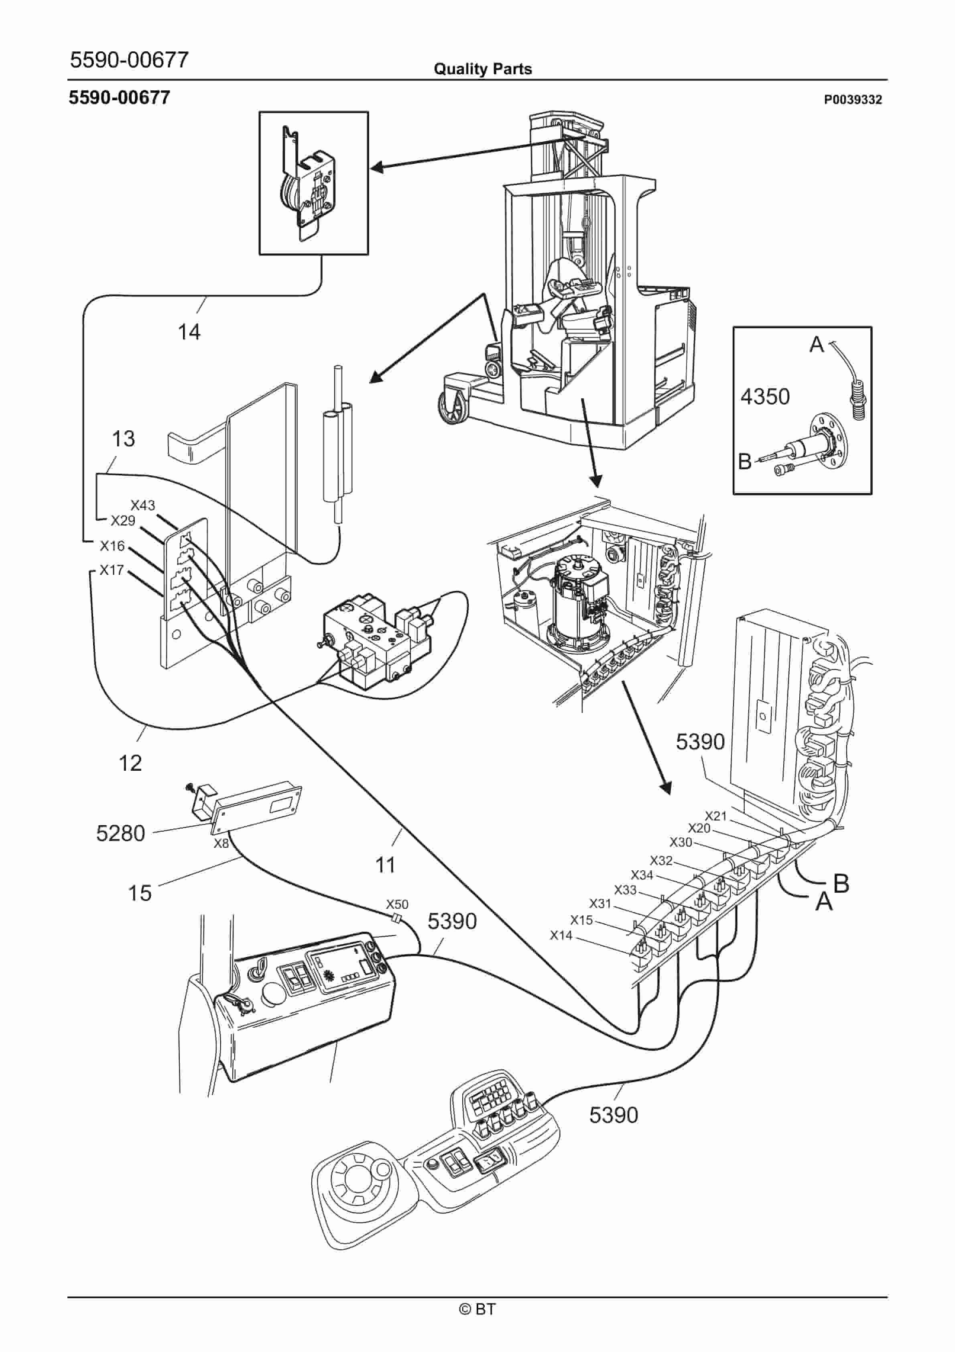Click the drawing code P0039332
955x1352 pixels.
pyautogui.click(x=853, y=100)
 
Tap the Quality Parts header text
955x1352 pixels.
pyautogui.click(x=482, y=69)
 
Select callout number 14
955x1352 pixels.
pyautogui.click(x=189, y=332)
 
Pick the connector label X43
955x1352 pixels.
pyautogui.click(x=142, y=505)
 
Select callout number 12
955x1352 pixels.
pyautogui.click(x=130, y=763)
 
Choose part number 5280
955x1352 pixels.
pyautogui.click(x=121, y=833)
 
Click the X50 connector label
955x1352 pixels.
pyautogui.click(x=397, y=904)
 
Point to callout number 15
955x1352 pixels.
pyautogui.click(x=140, y=893)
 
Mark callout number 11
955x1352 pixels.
pyautogui.click(x=386, y=865)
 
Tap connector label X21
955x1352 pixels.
pyautogui.click(x=716, y=816)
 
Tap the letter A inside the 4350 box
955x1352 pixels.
pyautogui.click(x=816, y=344)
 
